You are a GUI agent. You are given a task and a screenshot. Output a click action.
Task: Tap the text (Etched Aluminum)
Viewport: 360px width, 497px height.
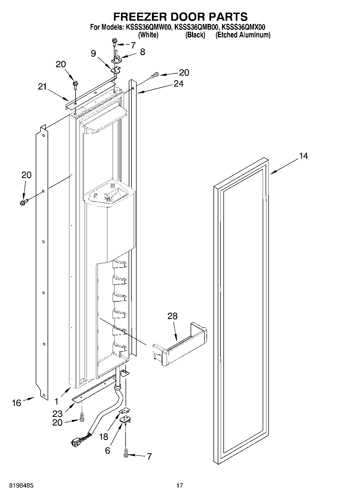(243, 35)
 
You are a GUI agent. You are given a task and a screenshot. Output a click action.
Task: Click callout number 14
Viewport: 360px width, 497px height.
(304, 156)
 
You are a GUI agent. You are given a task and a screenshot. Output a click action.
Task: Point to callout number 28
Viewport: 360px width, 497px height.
(172, 316)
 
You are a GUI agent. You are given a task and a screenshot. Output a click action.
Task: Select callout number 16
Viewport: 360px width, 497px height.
(16, 403)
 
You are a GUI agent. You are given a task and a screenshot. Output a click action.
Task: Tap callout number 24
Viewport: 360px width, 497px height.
(178, 84)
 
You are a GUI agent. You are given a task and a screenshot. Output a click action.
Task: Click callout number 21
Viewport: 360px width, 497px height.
(42, 87)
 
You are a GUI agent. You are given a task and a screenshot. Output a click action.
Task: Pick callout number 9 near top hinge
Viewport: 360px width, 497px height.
(93, 53)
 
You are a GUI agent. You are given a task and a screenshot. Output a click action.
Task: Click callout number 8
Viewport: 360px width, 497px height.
(142, 52)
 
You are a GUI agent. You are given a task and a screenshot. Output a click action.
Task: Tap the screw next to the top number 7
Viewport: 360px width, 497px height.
(115, 41)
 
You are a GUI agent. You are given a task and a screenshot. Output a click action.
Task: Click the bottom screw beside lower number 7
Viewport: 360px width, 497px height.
(126, 454)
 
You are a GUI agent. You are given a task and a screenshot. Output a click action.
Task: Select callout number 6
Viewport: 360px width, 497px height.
(107, 450)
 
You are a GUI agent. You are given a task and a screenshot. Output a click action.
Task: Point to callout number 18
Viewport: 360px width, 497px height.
(104, 437)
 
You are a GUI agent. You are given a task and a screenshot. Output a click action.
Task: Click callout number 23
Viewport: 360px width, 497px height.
(58, 414)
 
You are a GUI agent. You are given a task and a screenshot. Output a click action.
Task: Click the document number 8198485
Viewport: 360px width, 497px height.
(21, 486)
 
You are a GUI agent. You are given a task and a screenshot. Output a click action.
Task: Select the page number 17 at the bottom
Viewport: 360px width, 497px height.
(180, 486)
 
